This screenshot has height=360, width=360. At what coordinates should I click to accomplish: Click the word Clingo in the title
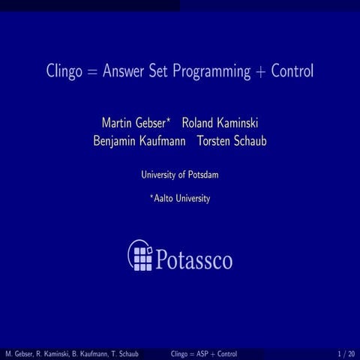point(62,73)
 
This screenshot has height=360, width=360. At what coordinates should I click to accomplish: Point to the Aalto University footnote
point(181,199)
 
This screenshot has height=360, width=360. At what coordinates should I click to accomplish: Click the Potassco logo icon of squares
point(140,256)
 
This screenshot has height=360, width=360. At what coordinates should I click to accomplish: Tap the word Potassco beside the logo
point(194,259)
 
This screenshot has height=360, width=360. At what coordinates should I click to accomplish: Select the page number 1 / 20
point(346,352)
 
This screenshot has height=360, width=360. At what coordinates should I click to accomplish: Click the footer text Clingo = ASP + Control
point(204,352)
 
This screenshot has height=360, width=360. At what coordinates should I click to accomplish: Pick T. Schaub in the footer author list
point(121,352)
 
